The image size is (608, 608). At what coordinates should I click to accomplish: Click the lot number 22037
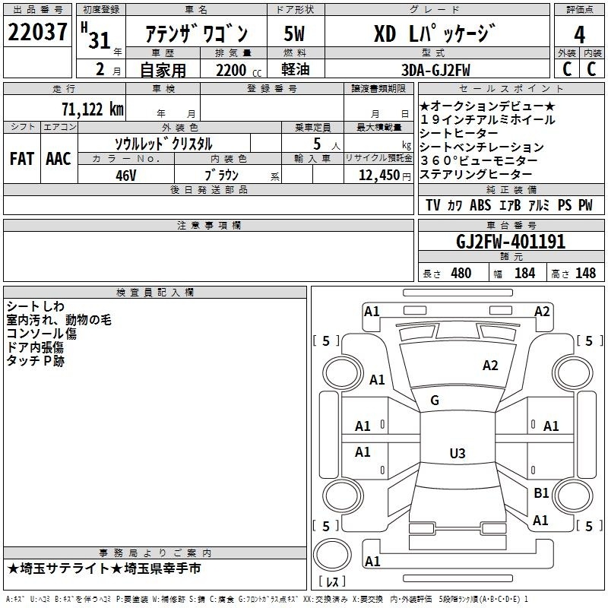pos(37,33)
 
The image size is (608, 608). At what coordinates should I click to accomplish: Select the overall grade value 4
pos(579,34)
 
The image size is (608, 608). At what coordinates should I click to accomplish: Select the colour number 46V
pos(125,175)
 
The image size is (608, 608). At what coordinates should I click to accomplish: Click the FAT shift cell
pos(21,159)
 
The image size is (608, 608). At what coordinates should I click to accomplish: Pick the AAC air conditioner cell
pos(58,159)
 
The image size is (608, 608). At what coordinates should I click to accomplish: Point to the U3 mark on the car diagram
pos(457,454)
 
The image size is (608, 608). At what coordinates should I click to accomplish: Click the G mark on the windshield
pos(435,401)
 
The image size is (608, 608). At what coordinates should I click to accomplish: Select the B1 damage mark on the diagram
pos(540,493)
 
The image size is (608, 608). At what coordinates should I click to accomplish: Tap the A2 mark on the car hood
pos(490,366)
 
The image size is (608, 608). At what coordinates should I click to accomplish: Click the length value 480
pos(461,273)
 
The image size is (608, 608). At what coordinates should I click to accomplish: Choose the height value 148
pos(585,273)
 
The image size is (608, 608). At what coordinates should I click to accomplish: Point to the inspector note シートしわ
pos(35,306)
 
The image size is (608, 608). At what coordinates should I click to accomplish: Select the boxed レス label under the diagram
pos(331,582)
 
